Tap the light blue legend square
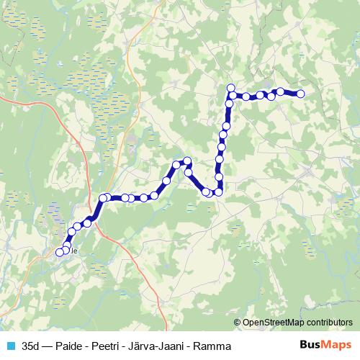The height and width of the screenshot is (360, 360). click(10, 346)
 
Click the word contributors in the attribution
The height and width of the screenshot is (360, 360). click(327, 323)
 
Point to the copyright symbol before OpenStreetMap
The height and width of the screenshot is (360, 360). click(238, 323)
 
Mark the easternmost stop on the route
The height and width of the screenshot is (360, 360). click(301, 94)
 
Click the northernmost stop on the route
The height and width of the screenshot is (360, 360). click(231, 88)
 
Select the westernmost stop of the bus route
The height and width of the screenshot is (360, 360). click(60, 252)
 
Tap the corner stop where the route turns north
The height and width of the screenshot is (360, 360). click(218, 192)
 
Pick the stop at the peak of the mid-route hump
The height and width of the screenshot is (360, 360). click(187, 161)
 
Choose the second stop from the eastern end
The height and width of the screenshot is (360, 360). click(280, 91)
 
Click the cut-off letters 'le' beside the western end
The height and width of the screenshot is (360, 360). click(73, 251)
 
